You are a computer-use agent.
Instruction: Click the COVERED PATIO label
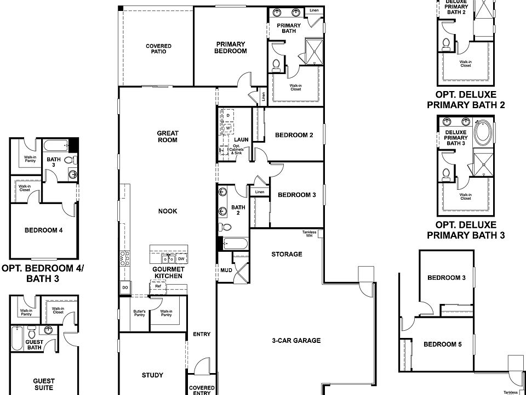(158, 49)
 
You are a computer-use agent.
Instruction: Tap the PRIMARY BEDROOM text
(231, 47)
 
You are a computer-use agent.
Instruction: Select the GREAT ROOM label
(168, 136)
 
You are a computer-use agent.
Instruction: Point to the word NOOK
(168, 211)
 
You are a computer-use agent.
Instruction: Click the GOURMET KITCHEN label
(168, 273)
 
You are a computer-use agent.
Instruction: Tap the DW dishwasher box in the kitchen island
(180, 258)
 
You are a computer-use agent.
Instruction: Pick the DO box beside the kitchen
(125, 287)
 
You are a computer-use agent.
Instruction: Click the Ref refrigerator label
(158, 286)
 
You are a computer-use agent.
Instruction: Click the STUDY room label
(152, 375)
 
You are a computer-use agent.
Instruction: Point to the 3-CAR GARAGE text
(296, 340)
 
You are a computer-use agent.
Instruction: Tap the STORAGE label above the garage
(287, 254)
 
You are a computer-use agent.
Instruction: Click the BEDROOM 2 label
(294, 135)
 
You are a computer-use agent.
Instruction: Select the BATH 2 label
(238, 210)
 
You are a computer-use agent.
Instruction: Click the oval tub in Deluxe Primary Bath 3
(483, 133)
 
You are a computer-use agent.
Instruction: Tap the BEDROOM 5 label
(442, 345)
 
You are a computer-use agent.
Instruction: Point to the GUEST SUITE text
(43, 384)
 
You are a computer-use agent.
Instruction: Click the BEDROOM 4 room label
(43, 230)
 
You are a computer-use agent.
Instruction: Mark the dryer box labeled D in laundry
(228, 115)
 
